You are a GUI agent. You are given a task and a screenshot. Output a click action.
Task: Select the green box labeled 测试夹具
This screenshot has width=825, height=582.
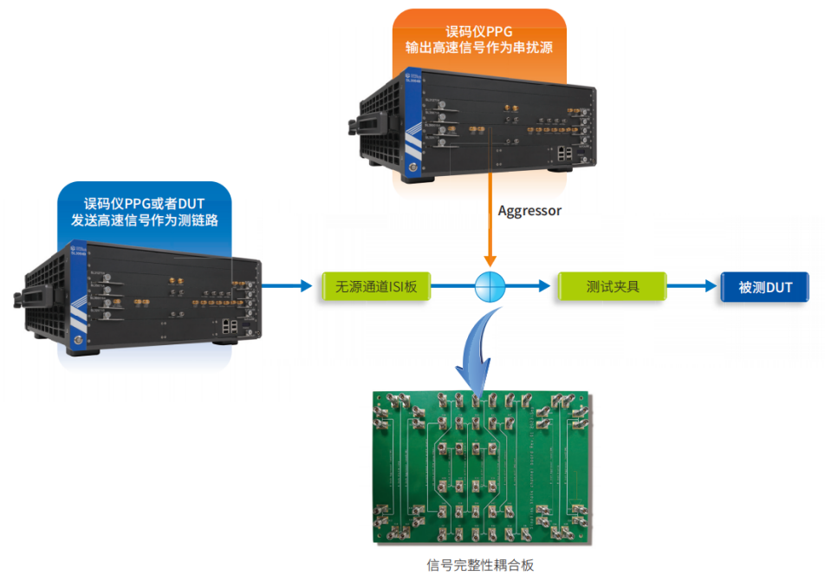pyautogui.click(x=613, y=286)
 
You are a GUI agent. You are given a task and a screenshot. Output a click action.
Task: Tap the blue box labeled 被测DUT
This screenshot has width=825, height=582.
pyautogui.click(x=765, y=286)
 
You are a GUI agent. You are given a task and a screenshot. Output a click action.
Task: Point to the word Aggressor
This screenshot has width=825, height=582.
pyautogui.click(x=529, y=211)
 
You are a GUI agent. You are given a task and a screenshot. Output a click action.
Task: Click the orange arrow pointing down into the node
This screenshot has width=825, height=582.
pyautogui.click(x=490, y=252)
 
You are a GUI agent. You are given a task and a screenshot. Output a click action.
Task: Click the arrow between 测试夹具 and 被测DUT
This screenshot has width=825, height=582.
pyautogui.click(x=693, y=286)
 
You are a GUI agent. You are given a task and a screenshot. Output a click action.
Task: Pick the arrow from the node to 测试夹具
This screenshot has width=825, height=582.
pyautogui.click(x=533, y=286)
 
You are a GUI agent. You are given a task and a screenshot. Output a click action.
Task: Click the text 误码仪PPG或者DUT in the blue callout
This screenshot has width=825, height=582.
pyautogui.click(x=144, y=204)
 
